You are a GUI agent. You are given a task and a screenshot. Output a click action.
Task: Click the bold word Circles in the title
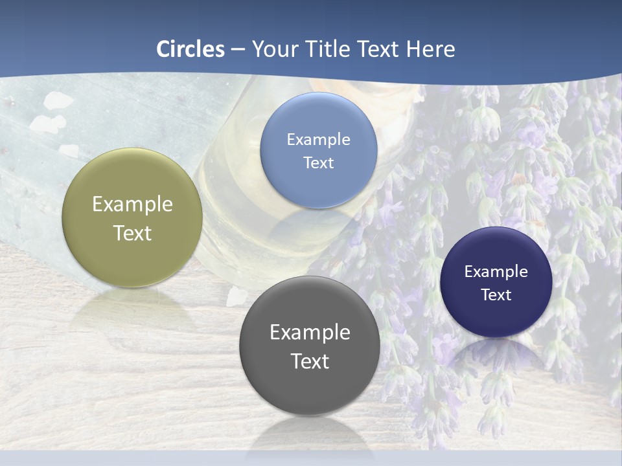[x=190, y=49]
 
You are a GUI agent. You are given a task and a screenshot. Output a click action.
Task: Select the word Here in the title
[x=430, y=49]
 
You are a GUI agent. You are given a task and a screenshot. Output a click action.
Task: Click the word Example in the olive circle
[x=132, y=204]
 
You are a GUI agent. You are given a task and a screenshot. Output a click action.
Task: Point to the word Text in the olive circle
[x=132, y=233]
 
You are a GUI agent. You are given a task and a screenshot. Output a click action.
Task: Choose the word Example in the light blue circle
[x=318, y=139]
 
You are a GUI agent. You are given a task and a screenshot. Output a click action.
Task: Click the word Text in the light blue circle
[x=318, y=162]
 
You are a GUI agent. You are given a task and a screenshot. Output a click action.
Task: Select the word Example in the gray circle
[x=310, y=332]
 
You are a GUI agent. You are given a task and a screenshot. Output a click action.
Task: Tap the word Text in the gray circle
[x=310, y=361]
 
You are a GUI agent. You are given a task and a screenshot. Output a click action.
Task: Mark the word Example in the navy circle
[x=496, y=271]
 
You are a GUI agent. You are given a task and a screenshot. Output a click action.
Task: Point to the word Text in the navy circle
[x=496, y=294]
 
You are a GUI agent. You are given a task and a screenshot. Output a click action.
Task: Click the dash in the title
[x=238, y=49]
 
